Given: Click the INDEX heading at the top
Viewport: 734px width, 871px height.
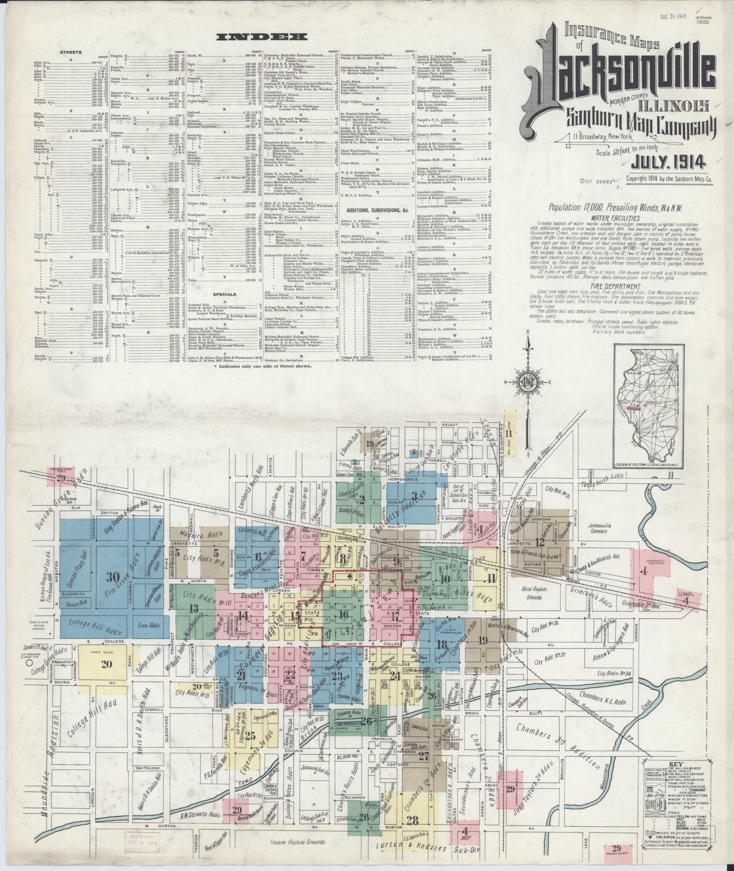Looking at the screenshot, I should [x=262, y=37].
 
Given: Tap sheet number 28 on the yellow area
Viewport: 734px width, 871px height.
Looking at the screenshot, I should [x=412, y=820].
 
